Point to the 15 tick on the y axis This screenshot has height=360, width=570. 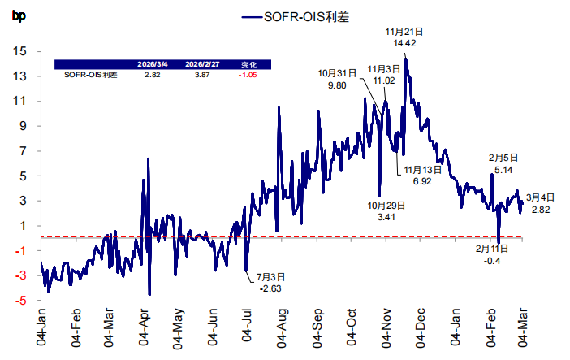19,51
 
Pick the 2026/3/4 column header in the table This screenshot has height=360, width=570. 152,63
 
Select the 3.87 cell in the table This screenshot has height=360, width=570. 200,75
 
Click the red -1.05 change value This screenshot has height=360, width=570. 248,75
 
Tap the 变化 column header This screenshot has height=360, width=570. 248,63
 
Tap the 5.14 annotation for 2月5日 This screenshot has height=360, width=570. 503,169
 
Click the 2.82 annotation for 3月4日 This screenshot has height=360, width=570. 541,210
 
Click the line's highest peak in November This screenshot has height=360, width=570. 405,59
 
